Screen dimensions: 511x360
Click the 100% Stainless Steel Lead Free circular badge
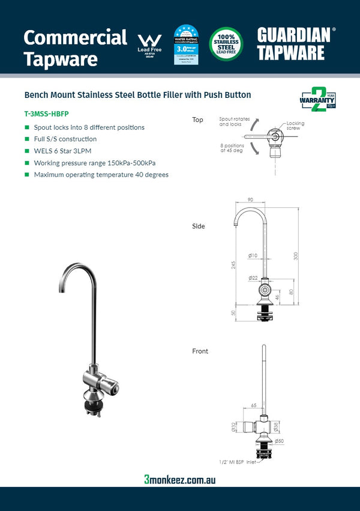pyautogui.click(x=226, y=43)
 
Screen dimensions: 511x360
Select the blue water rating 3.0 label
pyautogui.click(x=186, y=44)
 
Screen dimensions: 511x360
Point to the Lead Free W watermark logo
pyautogui.click(x=149, y=44)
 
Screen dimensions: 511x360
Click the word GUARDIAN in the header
pyautogui.click(x=293, y=35)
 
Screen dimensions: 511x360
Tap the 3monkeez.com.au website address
pyautogui.click(x=179, y=479)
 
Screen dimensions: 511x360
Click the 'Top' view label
pyautogui.click(x=197, y=119)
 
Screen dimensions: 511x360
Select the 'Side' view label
pyautogui.click(x=198, y=226)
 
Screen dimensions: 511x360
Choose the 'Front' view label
pyautogui.click(x=200, y=351)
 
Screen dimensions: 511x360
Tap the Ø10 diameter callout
pyautogui.click(x=253, y=256)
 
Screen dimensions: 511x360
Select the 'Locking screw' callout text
pyautogui.click(x=295, y=125)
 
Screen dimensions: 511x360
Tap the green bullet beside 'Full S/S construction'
pyautogui.click(x=27, y=139)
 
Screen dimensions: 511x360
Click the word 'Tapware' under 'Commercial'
pyautogui.click(x=60, y=59)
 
